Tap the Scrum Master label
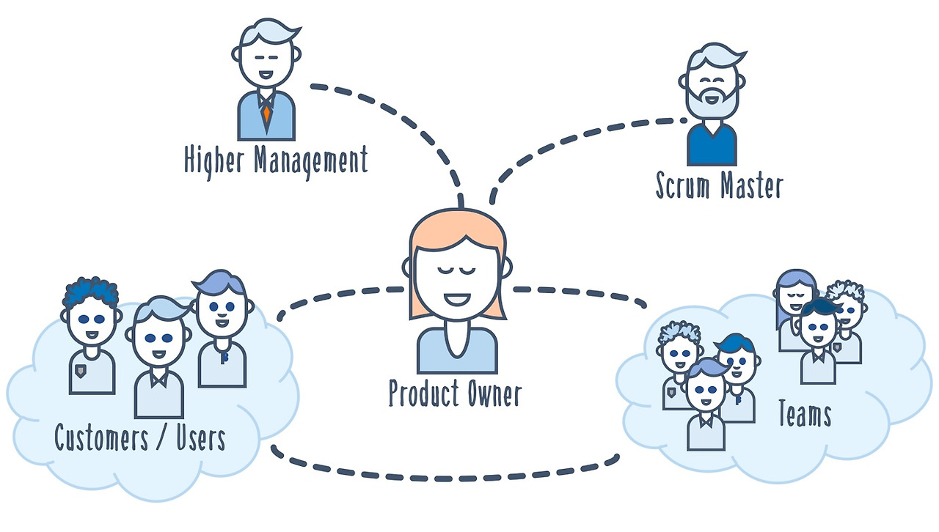(720, 185)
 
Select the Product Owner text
(456, 393)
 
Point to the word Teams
(805, 413)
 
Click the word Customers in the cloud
(101, 437)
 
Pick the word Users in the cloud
(201, 437)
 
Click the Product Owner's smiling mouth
(457, 299)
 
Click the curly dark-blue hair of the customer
(90, 290)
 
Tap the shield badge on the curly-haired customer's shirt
(81, 371)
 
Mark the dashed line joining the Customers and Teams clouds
(445, 478)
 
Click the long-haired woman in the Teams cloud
(794, 310)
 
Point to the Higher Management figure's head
(266, 52)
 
